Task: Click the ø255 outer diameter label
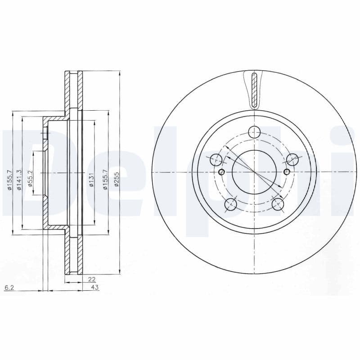pyautogui.click(x=116, y=180)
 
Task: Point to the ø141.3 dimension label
pyautogui.click(x=19, y=180)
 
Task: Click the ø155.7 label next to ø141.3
pyautogui.click(x=9, y=180)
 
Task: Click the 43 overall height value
pyautogui.click(x=95, y=287)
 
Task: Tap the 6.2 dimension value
pyautogui.click(x=9, y=287)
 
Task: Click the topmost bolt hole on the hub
pyautogui.click(x=255, y=132)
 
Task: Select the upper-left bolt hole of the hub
pyautogui.click(x=216, y=159)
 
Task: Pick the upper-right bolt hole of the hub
pyautogui.click(x=293, y=159)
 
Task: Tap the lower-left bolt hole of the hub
pyautogui.click(x=230, y=204)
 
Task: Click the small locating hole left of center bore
pyautogui.click(x=221, y=172)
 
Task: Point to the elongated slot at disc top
pyautogui.click(x=255, y=90)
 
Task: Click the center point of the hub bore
pyautogui.click(x=255, y=172)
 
